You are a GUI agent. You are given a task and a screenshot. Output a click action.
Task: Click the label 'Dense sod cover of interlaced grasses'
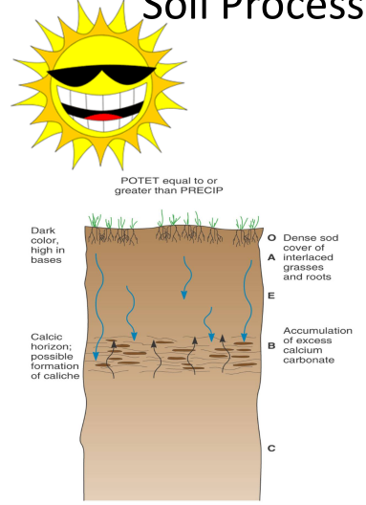tap(316, 256)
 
